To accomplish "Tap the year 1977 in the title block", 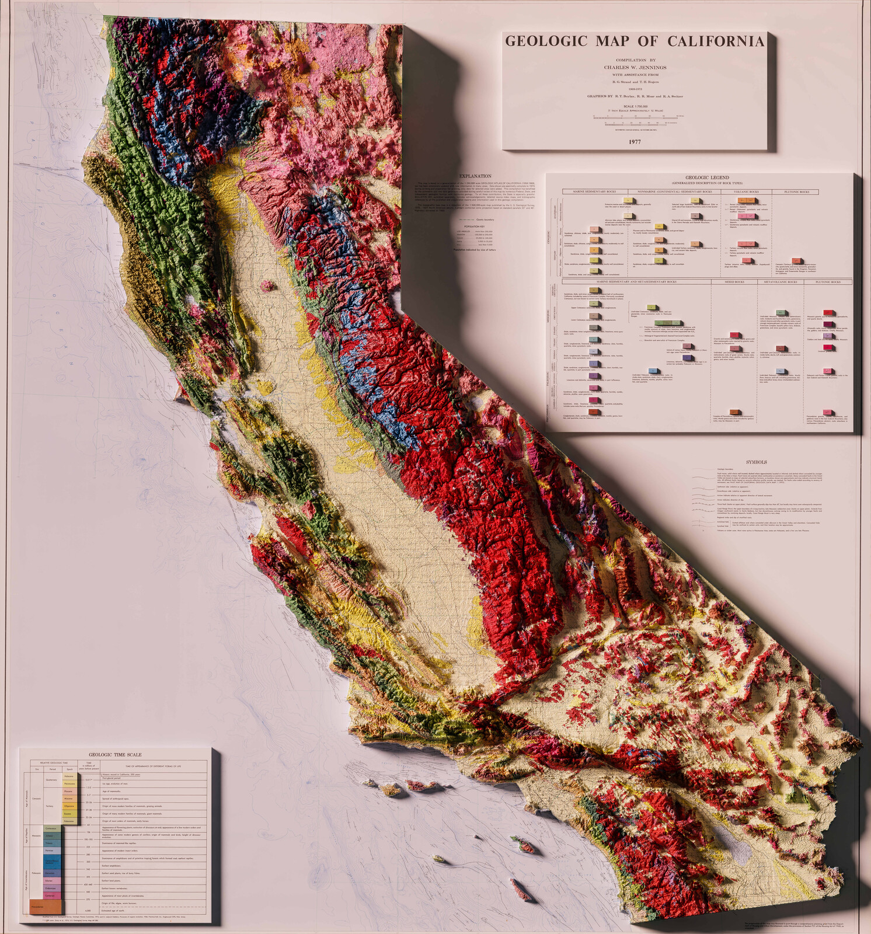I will pos(635,142).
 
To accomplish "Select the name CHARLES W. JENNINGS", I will pos(635,67).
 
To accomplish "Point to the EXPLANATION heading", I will pos(475,176).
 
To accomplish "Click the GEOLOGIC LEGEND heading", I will pos(707,177).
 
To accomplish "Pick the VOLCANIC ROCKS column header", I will pos(746,191).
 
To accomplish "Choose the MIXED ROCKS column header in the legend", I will pos(734,282).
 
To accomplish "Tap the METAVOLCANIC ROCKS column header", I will pos(781,282).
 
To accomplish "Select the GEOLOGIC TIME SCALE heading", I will pos(115,755).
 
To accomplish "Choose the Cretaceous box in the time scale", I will pos(51,828).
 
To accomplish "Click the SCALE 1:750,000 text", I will pos(635,105).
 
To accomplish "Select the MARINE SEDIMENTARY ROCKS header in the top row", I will pos(595,191).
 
